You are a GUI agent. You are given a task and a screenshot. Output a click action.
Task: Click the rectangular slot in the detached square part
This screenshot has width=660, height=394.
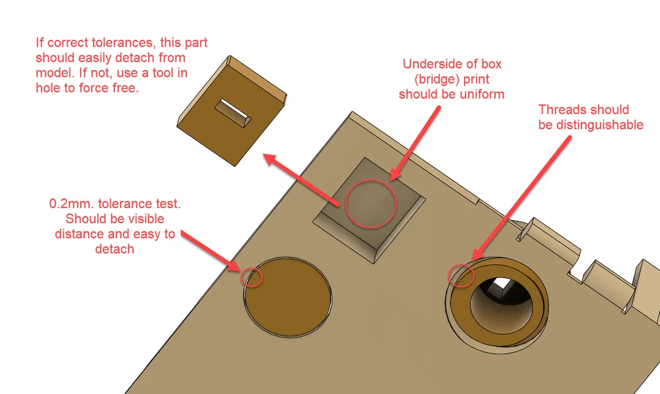coord(233,113)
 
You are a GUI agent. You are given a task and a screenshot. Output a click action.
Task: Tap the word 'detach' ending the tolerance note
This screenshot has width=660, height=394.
coord(115,249)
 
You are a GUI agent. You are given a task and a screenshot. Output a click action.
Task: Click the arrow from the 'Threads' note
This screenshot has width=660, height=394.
coord(521,199)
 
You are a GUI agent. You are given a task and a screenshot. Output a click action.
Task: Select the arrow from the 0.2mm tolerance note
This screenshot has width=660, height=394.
coord(211,251)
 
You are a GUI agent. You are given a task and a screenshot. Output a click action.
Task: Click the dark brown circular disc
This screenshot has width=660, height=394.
coord(287,297)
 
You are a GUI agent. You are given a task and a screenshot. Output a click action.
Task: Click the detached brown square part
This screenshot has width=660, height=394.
coord(232,111)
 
